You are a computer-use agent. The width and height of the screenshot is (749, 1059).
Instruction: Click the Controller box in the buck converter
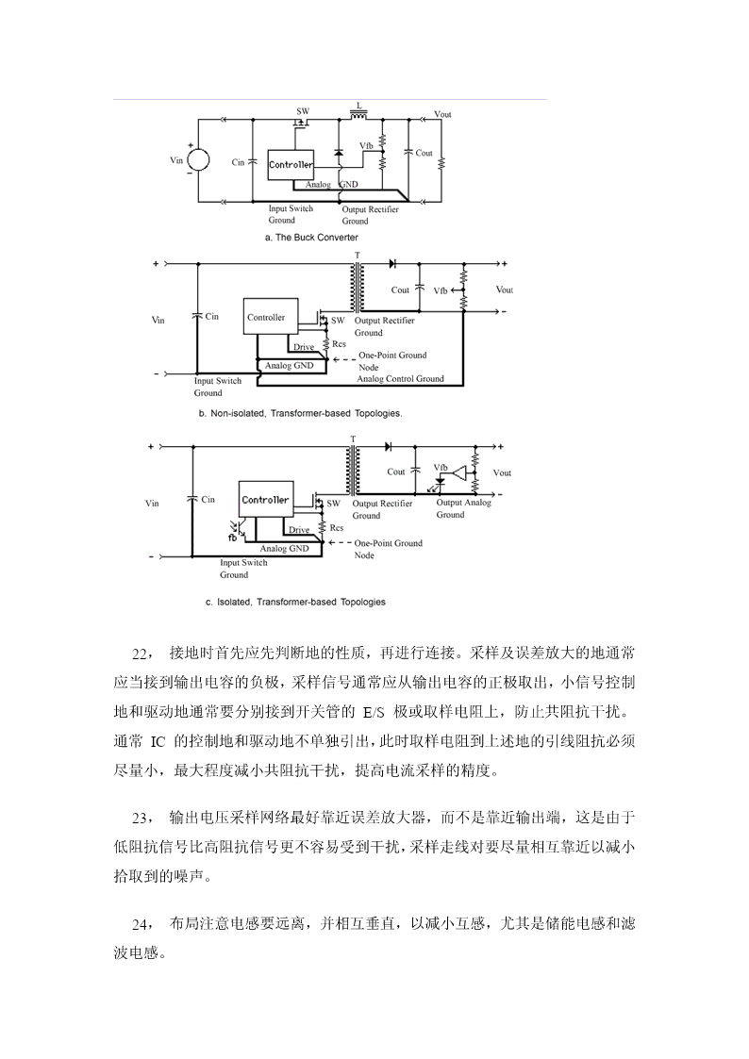(291, 164)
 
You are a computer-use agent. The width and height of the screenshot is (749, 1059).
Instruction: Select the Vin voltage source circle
(198, 160)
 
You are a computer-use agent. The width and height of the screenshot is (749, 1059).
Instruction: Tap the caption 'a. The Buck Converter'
(311, 238)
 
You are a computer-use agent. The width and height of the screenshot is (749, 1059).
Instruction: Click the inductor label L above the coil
(359, 106)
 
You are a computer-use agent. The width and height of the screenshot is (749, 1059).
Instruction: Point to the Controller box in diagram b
(266, 317)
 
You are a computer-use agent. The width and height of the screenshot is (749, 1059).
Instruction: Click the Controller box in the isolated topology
(265, 500)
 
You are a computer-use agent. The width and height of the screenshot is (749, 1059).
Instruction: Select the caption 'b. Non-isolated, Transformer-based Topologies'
(301, 413)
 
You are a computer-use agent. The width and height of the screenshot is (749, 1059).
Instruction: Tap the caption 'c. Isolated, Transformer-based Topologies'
(296, 602)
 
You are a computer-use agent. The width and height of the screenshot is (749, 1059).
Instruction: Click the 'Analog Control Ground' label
(401, 379)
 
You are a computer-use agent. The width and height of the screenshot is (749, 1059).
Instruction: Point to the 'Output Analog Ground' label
(463, 508)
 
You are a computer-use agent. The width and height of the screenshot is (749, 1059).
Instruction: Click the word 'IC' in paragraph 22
(157, 741)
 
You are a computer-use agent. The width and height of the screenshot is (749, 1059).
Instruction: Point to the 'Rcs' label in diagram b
(339, 344)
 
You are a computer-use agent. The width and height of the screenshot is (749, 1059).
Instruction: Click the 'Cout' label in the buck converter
(424, 154)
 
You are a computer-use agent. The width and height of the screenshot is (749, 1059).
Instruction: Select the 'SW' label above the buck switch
(303, 111)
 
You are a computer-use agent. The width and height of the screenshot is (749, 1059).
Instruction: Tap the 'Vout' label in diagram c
(502, 472)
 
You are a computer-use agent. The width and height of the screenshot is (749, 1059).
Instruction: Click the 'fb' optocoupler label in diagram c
(232, 538)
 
